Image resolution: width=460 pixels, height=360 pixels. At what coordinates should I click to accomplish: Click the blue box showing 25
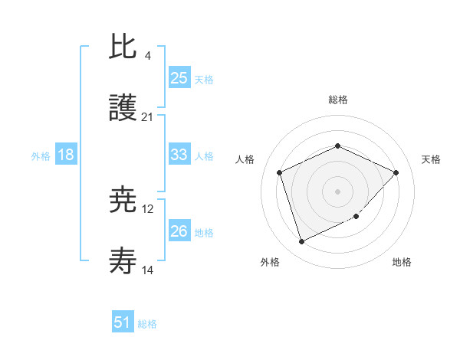click(179, 77)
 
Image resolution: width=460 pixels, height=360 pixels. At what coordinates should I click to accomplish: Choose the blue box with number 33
click(179, 155)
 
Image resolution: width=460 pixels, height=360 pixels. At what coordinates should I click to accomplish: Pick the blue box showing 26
click(179, 231)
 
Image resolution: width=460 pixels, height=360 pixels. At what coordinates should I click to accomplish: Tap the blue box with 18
click(66, 155)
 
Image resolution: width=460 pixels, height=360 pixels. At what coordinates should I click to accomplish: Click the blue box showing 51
click(123, 322)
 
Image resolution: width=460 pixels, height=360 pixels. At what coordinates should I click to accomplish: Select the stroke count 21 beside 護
click(148, 117)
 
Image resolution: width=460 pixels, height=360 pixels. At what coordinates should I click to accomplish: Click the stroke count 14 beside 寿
click(148, 270)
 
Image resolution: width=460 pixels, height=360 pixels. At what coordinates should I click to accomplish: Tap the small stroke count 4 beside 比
click(148, 56)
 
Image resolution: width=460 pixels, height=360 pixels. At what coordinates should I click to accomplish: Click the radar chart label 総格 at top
click(337, 100)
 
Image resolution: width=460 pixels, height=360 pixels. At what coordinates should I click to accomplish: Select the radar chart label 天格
click(431, 159)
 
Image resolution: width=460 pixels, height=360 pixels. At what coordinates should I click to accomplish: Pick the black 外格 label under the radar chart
click(270, 263)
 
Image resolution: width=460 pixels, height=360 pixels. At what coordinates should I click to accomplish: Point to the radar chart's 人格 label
click(245, 159)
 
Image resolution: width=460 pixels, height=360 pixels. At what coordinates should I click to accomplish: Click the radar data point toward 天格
click(396, 172)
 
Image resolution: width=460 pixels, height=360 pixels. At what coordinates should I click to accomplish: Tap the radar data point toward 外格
click(301, 242)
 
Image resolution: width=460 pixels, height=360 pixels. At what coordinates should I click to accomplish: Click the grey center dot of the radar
click(337, 191)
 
